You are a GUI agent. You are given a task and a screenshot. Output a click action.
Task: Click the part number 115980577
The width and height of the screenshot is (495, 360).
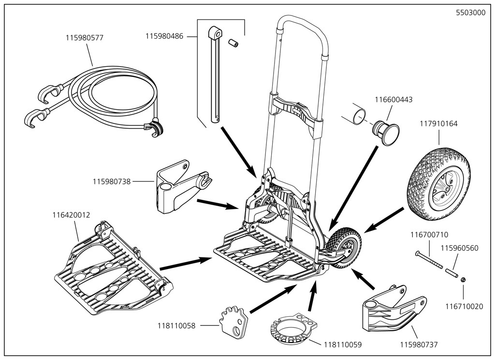pos(85,37)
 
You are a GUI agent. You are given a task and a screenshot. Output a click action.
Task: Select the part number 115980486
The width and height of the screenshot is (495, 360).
pos(164,36)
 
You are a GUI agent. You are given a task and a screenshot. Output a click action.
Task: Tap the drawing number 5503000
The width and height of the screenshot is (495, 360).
pos(471,13)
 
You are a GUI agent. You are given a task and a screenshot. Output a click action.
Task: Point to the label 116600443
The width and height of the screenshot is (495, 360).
pos(393,100)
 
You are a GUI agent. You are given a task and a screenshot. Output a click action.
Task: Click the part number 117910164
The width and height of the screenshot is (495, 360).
pos(438,123)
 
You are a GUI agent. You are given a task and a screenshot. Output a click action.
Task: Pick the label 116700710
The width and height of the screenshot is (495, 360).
pos(429,235)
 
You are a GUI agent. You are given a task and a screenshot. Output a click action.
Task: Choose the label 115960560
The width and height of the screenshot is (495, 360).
pos(459,248)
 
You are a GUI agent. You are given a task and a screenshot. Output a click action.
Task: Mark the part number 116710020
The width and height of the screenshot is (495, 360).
pos(464,306)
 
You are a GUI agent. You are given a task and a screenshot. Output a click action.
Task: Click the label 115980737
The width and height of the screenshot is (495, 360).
pos(419,345)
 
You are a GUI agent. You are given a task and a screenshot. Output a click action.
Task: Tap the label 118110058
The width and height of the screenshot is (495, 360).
pos(177,326)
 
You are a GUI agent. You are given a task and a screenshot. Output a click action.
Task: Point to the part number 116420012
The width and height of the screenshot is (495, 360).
pos(71,214)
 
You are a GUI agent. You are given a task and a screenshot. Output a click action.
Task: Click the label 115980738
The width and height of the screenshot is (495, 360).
pos(112,181)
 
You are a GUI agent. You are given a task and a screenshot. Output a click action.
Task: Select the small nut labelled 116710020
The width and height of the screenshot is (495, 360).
pos(463,280)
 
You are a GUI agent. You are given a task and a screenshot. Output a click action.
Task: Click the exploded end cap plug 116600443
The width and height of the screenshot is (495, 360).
pos(386,131)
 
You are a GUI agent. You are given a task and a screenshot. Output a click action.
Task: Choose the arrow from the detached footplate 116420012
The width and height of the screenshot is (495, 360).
pos(186,263)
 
